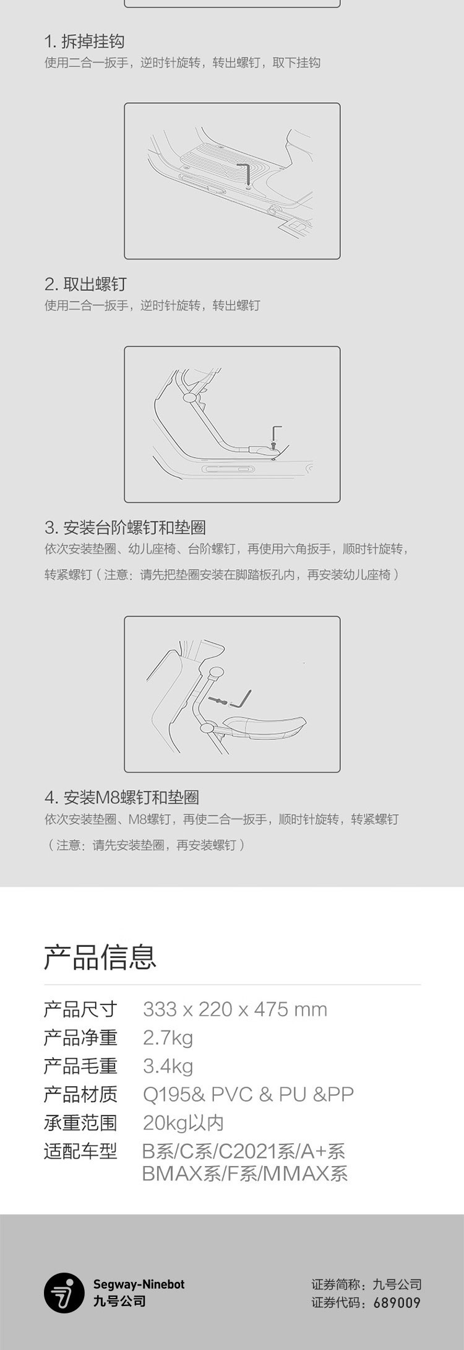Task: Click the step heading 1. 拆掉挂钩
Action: pyautogui.click(x=84, y=41)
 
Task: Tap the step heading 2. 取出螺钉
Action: pyautogui.click(x=85, y=284)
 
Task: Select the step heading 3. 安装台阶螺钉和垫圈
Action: pyautogui.click(x=125, y=528)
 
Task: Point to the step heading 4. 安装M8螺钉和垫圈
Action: pyautogui.click(x=122, y=797)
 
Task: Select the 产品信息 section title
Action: pyautogui.click(x=100, y=956)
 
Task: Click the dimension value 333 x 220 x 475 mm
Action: pyautogui.click(x=235, y=1010)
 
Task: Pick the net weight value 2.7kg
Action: pyautogui.click(x=168, y=1038)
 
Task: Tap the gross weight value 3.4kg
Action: pyautogui.click(x=168, y=1066)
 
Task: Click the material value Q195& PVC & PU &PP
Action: pyautogui.click(x=248, y=1094)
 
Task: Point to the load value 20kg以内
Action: pyautogui.click(x=184, y=1123)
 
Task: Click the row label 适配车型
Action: pyautogui.click(x=80, y=1151)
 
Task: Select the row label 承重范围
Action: pyautogui.click(x=80, y=1123)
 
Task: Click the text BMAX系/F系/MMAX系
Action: pyautogui.click(x=245, y=1174)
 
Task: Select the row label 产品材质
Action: pyautogui.click(x=80, y=1094)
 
